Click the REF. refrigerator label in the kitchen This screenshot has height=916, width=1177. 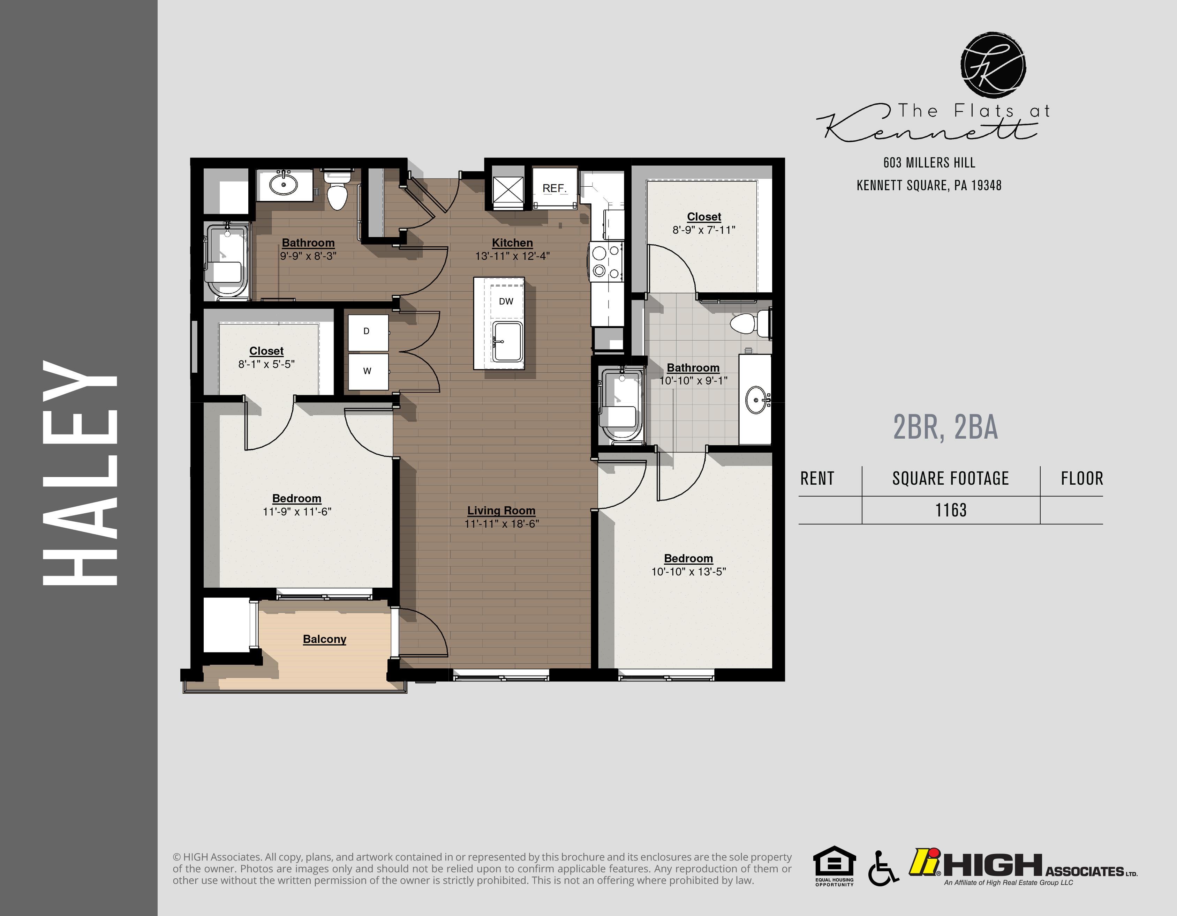pos(554,188)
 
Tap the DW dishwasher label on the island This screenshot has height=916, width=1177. pos(506,301)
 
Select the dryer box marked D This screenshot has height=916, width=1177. pos(367,332)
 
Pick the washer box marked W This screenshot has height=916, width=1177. pos(367,371)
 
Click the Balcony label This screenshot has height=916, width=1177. pos(324,639)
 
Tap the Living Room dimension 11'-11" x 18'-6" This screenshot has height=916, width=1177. pos(501,523)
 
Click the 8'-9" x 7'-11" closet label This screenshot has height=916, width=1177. pos(704,217)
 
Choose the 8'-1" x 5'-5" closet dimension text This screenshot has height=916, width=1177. pos(266,364)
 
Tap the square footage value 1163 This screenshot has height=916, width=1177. pos(951,510)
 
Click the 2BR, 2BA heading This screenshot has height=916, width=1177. pos(945,427)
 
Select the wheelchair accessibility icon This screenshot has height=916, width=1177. pos(882,867)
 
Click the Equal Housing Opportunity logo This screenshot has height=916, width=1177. pos(834,865)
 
